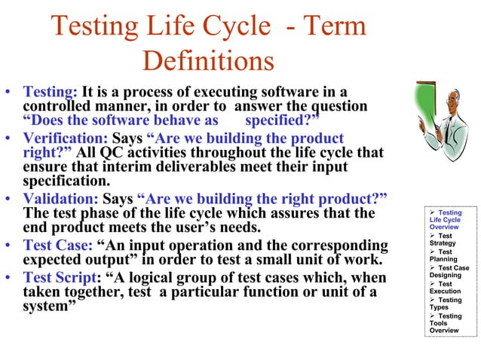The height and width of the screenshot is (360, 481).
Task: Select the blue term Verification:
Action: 66,139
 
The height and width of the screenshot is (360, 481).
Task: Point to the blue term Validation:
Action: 60,198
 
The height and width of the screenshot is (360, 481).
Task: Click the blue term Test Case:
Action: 57,246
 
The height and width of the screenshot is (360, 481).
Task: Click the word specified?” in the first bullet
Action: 283,121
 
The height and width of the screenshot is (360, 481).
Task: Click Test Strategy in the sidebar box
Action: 443,239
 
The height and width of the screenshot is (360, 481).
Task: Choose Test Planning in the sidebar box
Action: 444,255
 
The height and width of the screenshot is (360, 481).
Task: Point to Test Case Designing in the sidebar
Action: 447,271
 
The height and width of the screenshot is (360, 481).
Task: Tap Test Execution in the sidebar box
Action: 444,288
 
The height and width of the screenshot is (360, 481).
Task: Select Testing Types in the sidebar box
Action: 444,304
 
